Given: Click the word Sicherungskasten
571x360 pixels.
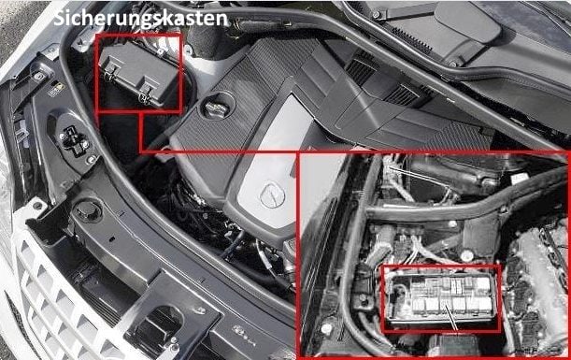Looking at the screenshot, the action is [x=140, y=18].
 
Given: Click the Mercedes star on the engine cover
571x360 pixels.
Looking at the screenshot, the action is [x=272, y=195].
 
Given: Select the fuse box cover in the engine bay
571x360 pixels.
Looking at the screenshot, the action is [x=138, y=74].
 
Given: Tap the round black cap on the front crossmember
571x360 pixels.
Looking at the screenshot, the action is [x=88, y=210].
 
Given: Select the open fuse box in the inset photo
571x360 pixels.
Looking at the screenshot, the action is [x=442, y=299].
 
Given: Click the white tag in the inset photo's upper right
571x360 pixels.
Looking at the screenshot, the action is [x=520, y=178].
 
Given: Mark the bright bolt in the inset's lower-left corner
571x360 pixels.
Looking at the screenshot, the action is [x=326, y=329].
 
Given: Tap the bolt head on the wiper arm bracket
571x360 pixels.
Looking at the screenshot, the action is [x=377, y=15].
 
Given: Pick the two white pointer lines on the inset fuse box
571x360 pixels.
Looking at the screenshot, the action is [x=449, y=312].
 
